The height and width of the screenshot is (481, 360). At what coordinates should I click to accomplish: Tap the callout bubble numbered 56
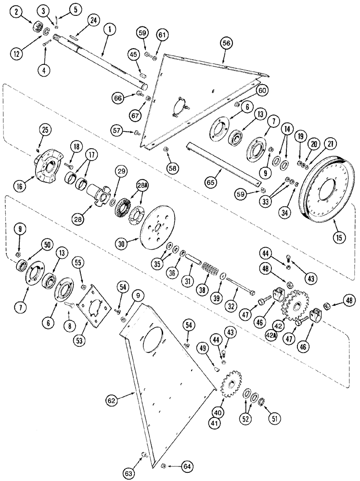pyautogui.click(x=226, y=43)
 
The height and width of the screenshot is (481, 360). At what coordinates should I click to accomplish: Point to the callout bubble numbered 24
pyautogui.click(x=93, y=20)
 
